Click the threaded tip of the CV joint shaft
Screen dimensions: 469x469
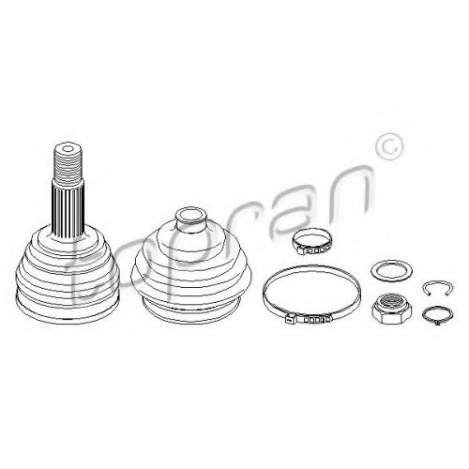pyautogui.click(x=68, y=163)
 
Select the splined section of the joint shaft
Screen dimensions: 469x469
pyautogui.click(x=68, y=208)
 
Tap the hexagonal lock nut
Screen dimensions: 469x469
pyautogui.click(x=391, y=308)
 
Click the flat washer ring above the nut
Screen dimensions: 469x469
pyautogui.click(x=391, y=270)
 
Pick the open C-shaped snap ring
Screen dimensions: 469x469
pyautogui.click(x=438, y=288)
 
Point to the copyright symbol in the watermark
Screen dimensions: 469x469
pyautogui.click(x=389, y=147)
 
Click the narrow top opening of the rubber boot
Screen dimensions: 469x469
pyautogui.click(x=191, y=216)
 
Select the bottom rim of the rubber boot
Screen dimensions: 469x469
pyautogui.click(x=192, y=308)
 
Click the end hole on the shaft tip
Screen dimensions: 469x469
pyautogui.click(x=68, y=148)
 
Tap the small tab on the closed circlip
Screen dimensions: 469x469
pyautogui.click(x=437, y=322)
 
